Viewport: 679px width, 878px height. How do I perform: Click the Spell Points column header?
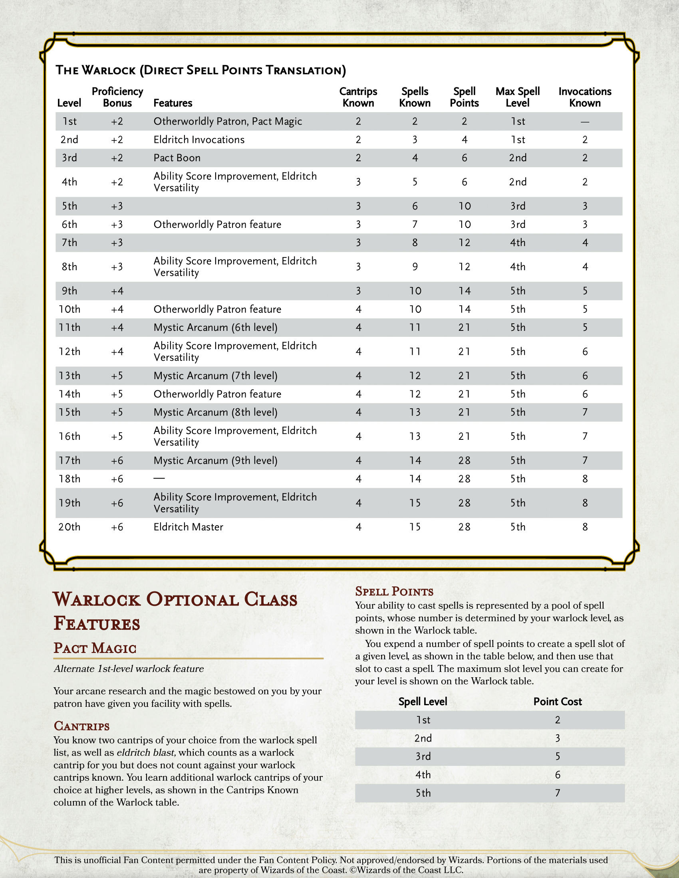tap(464, 97)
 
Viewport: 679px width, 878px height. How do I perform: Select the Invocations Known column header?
tap(584, 97)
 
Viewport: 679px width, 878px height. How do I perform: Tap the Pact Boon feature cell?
tap(177, 158)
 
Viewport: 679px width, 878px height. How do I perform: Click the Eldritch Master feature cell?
tap(188, 527)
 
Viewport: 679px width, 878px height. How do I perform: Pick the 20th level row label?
tap(69, 527)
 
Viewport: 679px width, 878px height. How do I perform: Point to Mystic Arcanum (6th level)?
tap(215, 328)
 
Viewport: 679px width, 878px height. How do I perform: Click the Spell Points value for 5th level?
tap(464, 206)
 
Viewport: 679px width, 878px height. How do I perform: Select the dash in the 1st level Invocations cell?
tap(585, 122)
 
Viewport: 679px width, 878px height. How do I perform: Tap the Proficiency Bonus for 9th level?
tap(117, 291)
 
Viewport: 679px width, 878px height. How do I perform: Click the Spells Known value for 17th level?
tap(415, 461)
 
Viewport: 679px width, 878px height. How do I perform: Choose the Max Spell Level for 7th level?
tap(517, 243)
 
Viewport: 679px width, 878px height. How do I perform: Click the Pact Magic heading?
tap(95, 648)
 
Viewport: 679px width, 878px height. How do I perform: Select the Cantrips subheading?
tap(81, 726)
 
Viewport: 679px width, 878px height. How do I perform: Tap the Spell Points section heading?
tap(394, 591)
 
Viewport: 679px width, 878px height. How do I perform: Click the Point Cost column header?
tap(557, 702)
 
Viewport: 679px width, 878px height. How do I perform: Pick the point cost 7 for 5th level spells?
tap(557, 793)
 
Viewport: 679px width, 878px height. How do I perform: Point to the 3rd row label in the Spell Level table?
tap(423, 757)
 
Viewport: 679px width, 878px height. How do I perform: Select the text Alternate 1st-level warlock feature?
tap(129, 668)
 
